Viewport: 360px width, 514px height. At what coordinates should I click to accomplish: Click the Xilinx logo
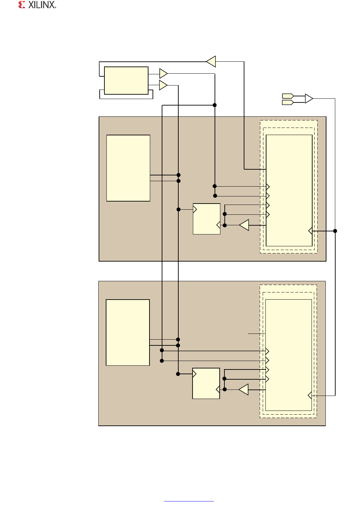pos(37,5)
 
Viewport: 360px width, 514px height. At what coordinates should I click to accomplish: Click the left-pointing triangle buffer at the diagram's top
pos(212,61)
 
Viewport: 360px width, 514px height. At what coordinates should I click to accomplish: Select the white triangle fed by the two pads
pos(309,99)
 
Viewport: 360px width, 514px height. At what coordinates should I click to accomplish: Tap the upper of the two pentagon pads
pos(288,96)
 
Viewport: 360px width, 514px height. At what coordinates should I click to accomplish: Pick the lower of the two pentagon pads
pos(288,102)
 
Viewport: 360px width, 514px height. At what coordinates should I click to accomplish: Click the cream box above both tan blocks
pos(126,80)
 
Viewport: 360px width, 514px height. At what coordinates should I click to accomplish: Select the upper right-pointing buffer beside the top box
pos(163,73)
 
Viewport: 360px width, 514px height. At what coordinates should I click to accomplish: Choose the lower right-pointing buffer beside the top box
pos(163,85)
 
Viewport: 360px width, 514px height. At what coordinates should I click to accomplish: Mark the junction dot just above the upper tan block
pos(215,105)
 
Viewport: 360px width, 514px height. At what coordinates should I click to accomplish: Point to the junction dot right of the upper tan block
pos(335,231)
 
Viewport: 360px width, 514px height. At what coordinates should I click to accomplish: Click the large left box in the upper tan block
pos(128,168)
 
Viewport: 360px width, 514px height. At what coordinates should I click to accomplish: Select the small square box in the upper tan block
pos(206,219)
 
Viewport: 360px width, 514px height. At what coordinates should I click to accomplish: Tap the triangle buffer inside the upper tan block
pos(244,225)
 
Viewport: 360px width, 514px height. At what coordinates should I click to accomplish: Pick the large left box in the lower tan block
pos(128,332)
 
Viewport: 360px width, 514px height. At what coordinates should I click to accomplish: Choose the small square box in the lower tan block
pos(206,383)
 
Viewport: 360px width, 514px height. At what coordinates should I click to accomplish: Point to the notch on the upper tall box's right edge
pos(310,231)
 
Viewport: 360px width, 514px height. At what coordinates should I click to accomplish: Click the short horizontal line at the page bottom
pos(189,501)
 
